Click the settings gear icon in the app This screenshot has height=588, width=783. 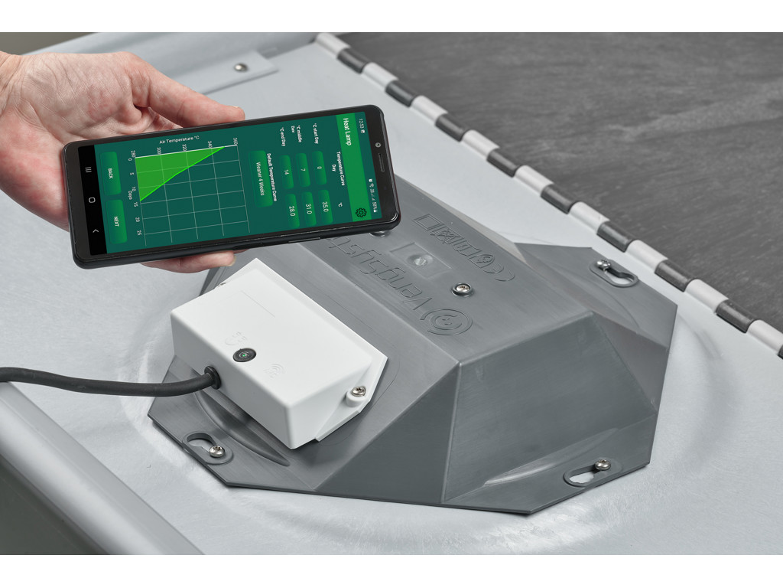pos(362,211)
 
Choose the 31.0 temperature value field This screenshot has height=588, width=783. pos(308,208)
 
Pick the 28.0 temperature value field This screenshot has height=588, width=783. pos(290,211)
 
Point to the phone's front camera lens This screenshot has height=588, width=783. pos(378,145)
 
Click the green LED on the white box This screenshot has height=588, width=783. pos(244,354)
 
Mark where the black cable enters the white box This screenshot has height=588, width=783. pos(210,377)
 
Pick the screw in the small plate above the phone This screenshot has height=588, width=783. pos(240,67)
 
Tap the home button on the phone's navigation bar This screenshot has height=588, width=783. pos(91,201)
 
